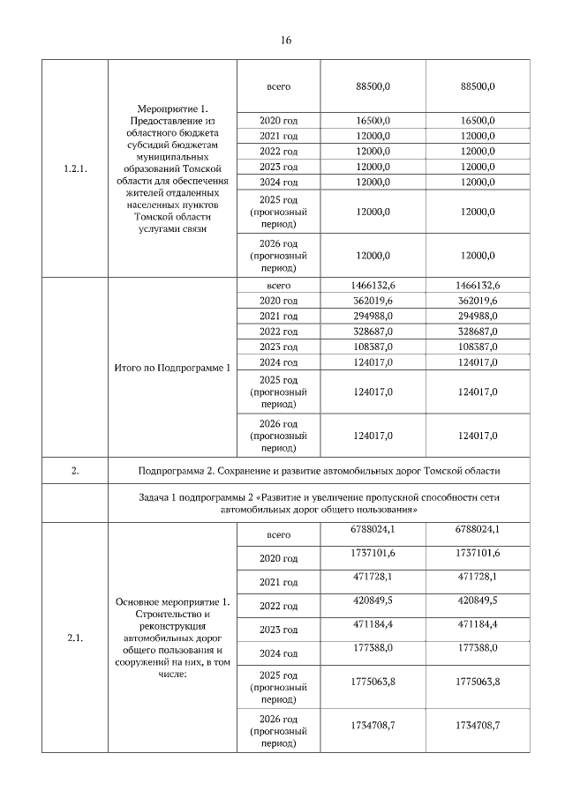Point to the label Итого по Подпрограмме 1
tap(173, 367)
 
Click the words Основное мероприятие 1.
tap(173, 601)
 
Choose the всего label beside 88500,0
tap(278, 86)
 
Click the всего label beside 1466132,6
tap(278, 286)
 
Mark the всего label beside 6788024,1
tap(278, 535)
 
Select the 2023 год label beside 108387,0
tap(278, 347)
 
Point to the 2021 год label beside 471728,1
tap(278, 582)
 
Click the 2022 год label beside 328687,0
tap(278, 332)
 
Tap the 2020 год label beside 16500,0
tap(278, 121)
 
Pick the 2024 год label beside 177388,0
tap(278, 653)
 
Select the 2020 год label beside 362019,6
tap(278, 302)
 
